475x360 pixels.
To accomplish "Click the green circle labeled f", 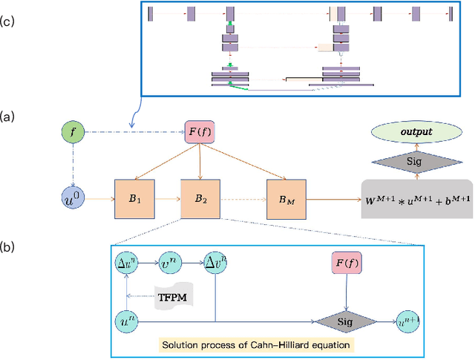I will tap(72, 134).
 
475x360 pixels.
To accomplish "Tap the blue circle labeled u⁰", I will tap(72, 198).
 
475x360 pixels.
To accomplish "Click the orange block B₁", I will tap(134, 198).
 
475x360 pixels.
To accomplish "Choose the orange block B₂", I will tap(200, 198).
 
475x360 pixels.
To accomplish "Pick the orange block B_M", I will tap(286, 198).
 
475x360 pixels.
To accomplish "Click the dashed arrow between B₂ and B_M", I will tap(242, 198).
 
